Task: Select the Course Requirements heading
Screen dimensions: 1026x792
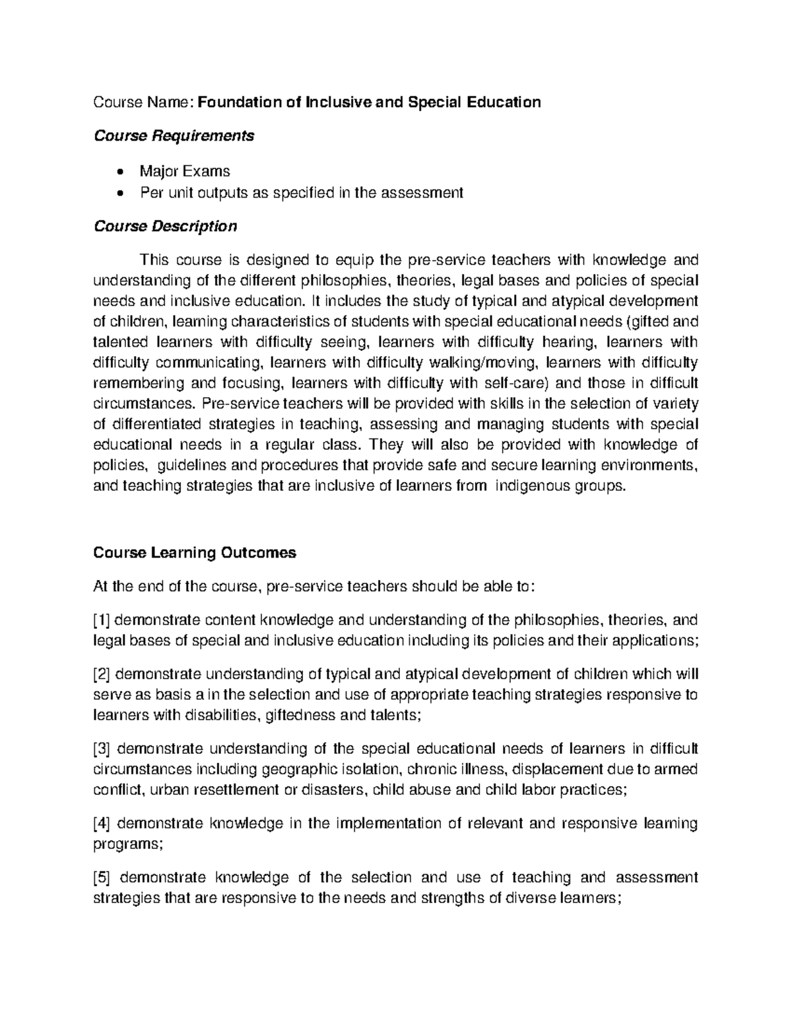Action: coord(174,136)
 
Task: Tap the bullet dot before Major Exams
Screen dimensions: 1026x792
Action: coord(119,172)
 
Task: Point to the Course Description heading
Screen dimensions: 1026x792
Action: coord(165,227)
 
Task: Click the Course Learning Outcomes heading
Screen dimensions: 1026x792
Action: coord(195,553)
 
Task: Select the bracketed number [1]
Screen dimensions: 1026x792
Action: coord(103,620)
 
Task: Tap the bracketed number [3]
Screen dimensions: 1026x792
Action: coord(104,749)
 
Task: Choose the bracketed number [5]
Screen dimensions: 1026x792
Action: coord(104,877)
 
